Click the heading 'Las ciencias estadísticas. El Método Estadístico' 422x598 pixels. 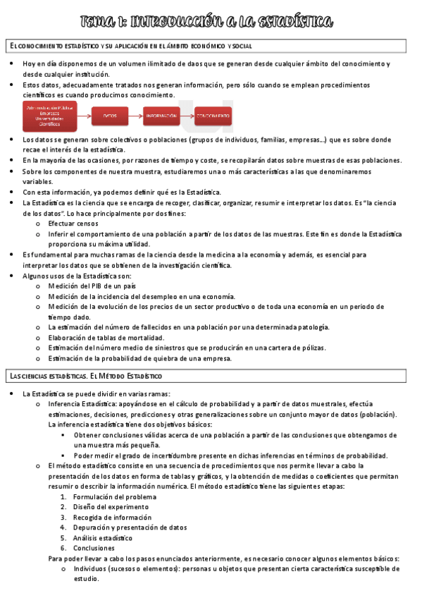[x=85, y=377]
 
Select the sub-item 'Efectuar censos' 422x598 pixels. [x=73, y=224]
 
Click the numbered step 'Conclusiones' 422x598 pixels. [x=96, y=548]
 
